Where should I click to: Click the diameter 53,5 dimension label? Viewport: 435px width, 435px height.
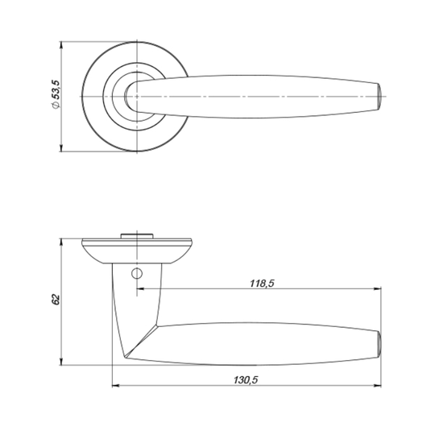(56, 94)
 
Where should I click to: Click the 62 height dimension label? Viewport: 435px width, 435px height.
(56, 299)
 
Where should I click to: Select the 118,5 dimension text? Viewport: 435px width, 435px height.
(262, 284)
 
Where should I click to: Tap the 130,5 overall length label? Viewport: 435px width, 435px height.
(246, 379)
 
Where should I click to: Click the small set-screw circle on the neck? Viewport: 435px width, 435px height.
(137, 274)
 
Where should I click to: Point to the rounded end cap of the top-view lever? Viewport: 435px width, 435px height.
(379, 97)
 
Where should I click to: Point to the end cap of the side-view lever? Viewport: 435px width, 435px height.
(379, 344)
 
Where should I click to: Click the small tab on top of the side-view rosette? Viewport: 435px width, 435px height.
(137, 236)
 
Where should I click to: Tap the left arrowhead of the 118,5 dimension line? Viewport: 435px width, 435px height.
(140, 289)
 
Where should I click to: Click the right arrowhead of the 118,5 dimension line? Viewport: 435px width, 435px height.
(378, 289)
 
